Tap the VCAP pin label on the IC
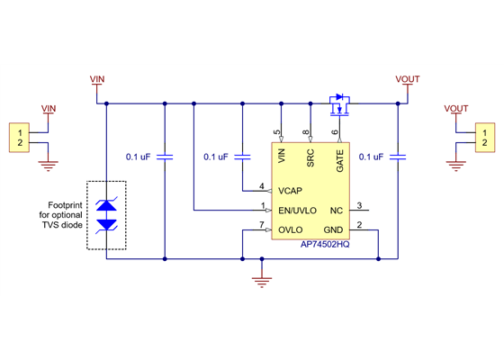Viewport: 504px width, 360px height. tap(291, 190)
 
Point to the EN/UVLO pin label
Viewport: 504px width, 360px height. tap(298, 211)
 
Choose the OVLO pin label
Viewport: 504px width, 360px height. tap(291, 229)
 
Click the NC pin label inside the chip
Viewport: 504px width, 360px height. tap(336, 211)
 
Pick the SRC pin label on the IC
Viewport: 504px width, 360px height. tap(310, 159)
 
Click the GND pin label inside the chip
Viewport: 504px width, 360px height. tap(333, 229)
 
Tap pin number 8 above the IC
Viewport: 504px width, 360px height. tap(307, 133)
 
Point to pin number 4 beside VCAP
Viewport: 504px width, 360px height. tap(261, 186)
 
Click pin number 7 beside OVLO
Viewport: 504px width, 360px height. tap(261, 224)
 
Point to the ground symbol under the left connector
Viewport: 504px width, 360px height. tap(49, 165)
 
